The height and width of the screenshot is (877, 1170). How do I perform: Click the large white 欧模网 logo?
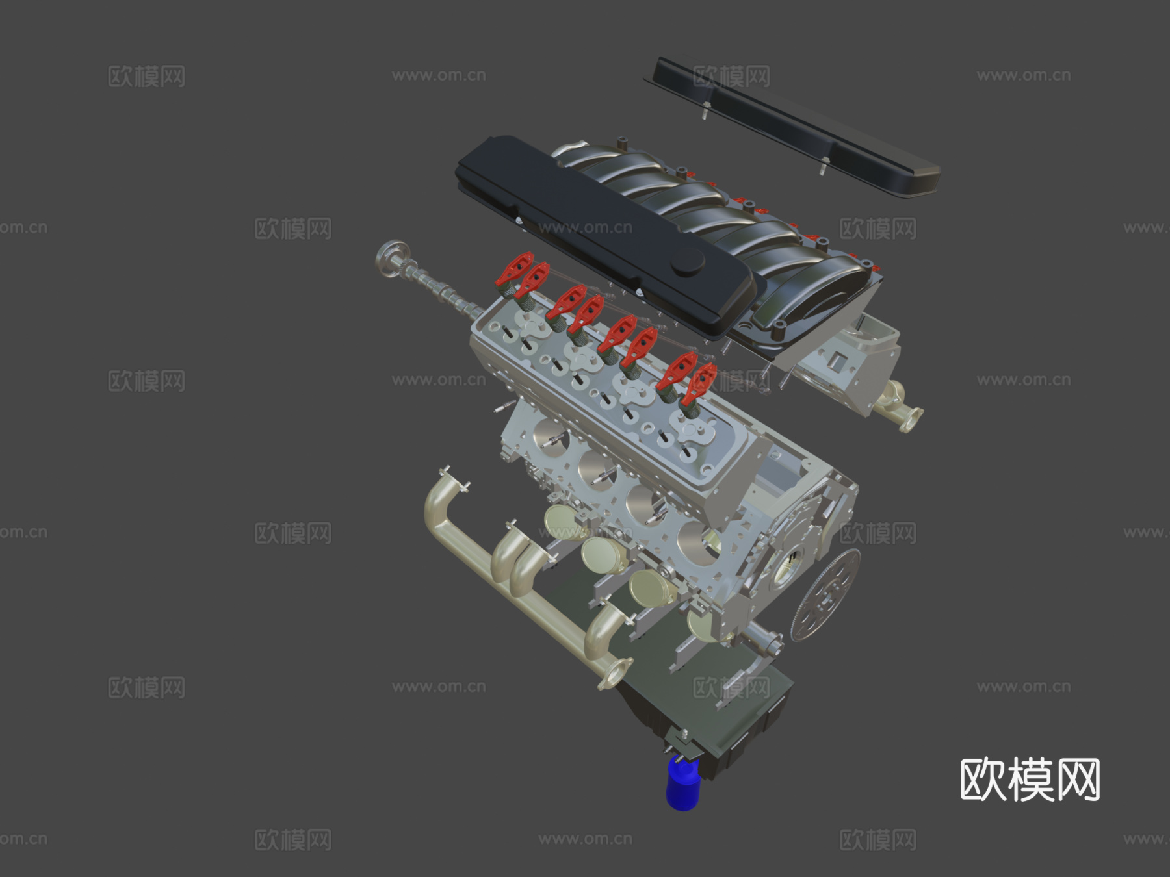click(x=1030, y=780)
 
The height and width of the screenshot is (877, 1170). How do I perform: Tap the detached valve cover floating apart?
click(x=791, y=127)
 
